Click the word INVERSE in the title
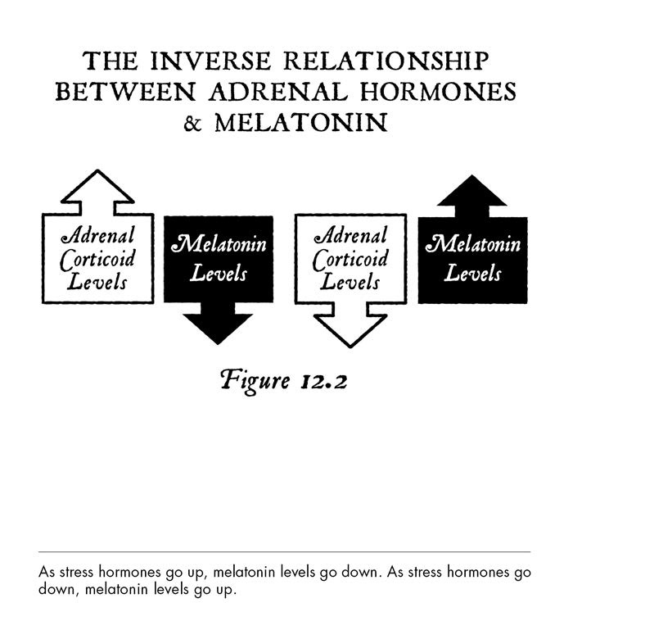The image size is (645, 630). tap(210, 61)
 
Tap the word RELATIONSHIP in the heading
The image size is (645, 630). tap(386, 61)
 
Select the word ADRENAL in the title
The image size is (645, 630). tap(278, 92)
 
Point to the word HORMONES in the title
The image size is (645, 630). tap(438, 92)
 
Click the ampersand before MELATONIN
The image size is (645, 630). tap(192, 123)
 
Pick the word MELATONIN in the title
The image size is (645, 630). tap(301, 123)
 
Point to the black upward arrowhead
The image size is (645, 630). tap(471, 190)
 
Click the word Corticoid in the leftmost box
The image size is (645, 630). tap(97, 260)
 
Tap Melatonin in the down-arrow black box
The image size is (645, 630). tap(219, 244)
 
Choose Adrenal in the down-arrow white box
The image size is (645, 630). tap(350, 235)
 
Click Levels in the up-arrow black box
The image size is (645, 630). tap(472, 273)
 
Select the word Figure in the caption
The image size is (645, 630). tap(255, 381)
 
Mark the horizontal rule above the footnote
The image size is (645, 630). tap(284, 551)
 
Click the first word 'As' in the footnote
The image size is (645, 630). tap(47, 572)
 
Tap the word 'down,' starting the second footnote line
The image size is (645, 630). tap(57, 589)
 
